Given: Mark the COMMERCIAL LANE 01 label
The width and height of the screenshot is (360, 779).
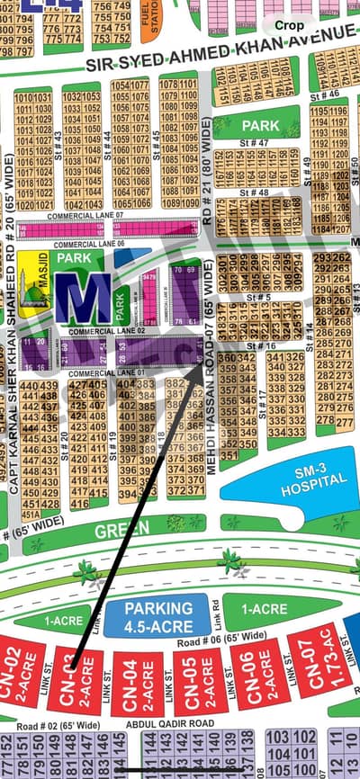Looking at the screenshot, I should coord(100,373).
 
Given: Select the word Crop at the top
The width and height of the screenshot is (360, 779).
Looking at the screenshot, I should coord(289,26).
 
